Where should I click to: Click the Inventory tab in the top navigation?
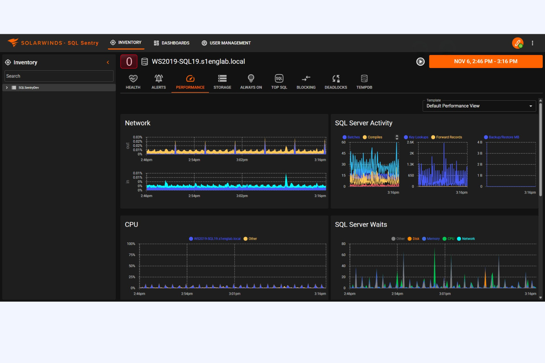[126, 43]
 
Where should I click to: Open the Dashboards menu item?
[172, 43]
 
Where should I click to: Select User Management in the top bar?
[226, 43]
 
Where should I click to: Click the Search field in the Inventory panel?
[59, 76]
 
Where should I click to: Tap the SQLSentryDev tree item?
[29, 88]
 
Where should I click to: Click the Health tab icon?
[133, 79]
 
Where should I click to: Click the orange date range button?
[485, 61]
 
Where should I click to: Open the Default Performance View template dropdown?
[479, 106]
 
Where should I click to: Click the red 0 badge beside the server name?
[129, 61]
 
